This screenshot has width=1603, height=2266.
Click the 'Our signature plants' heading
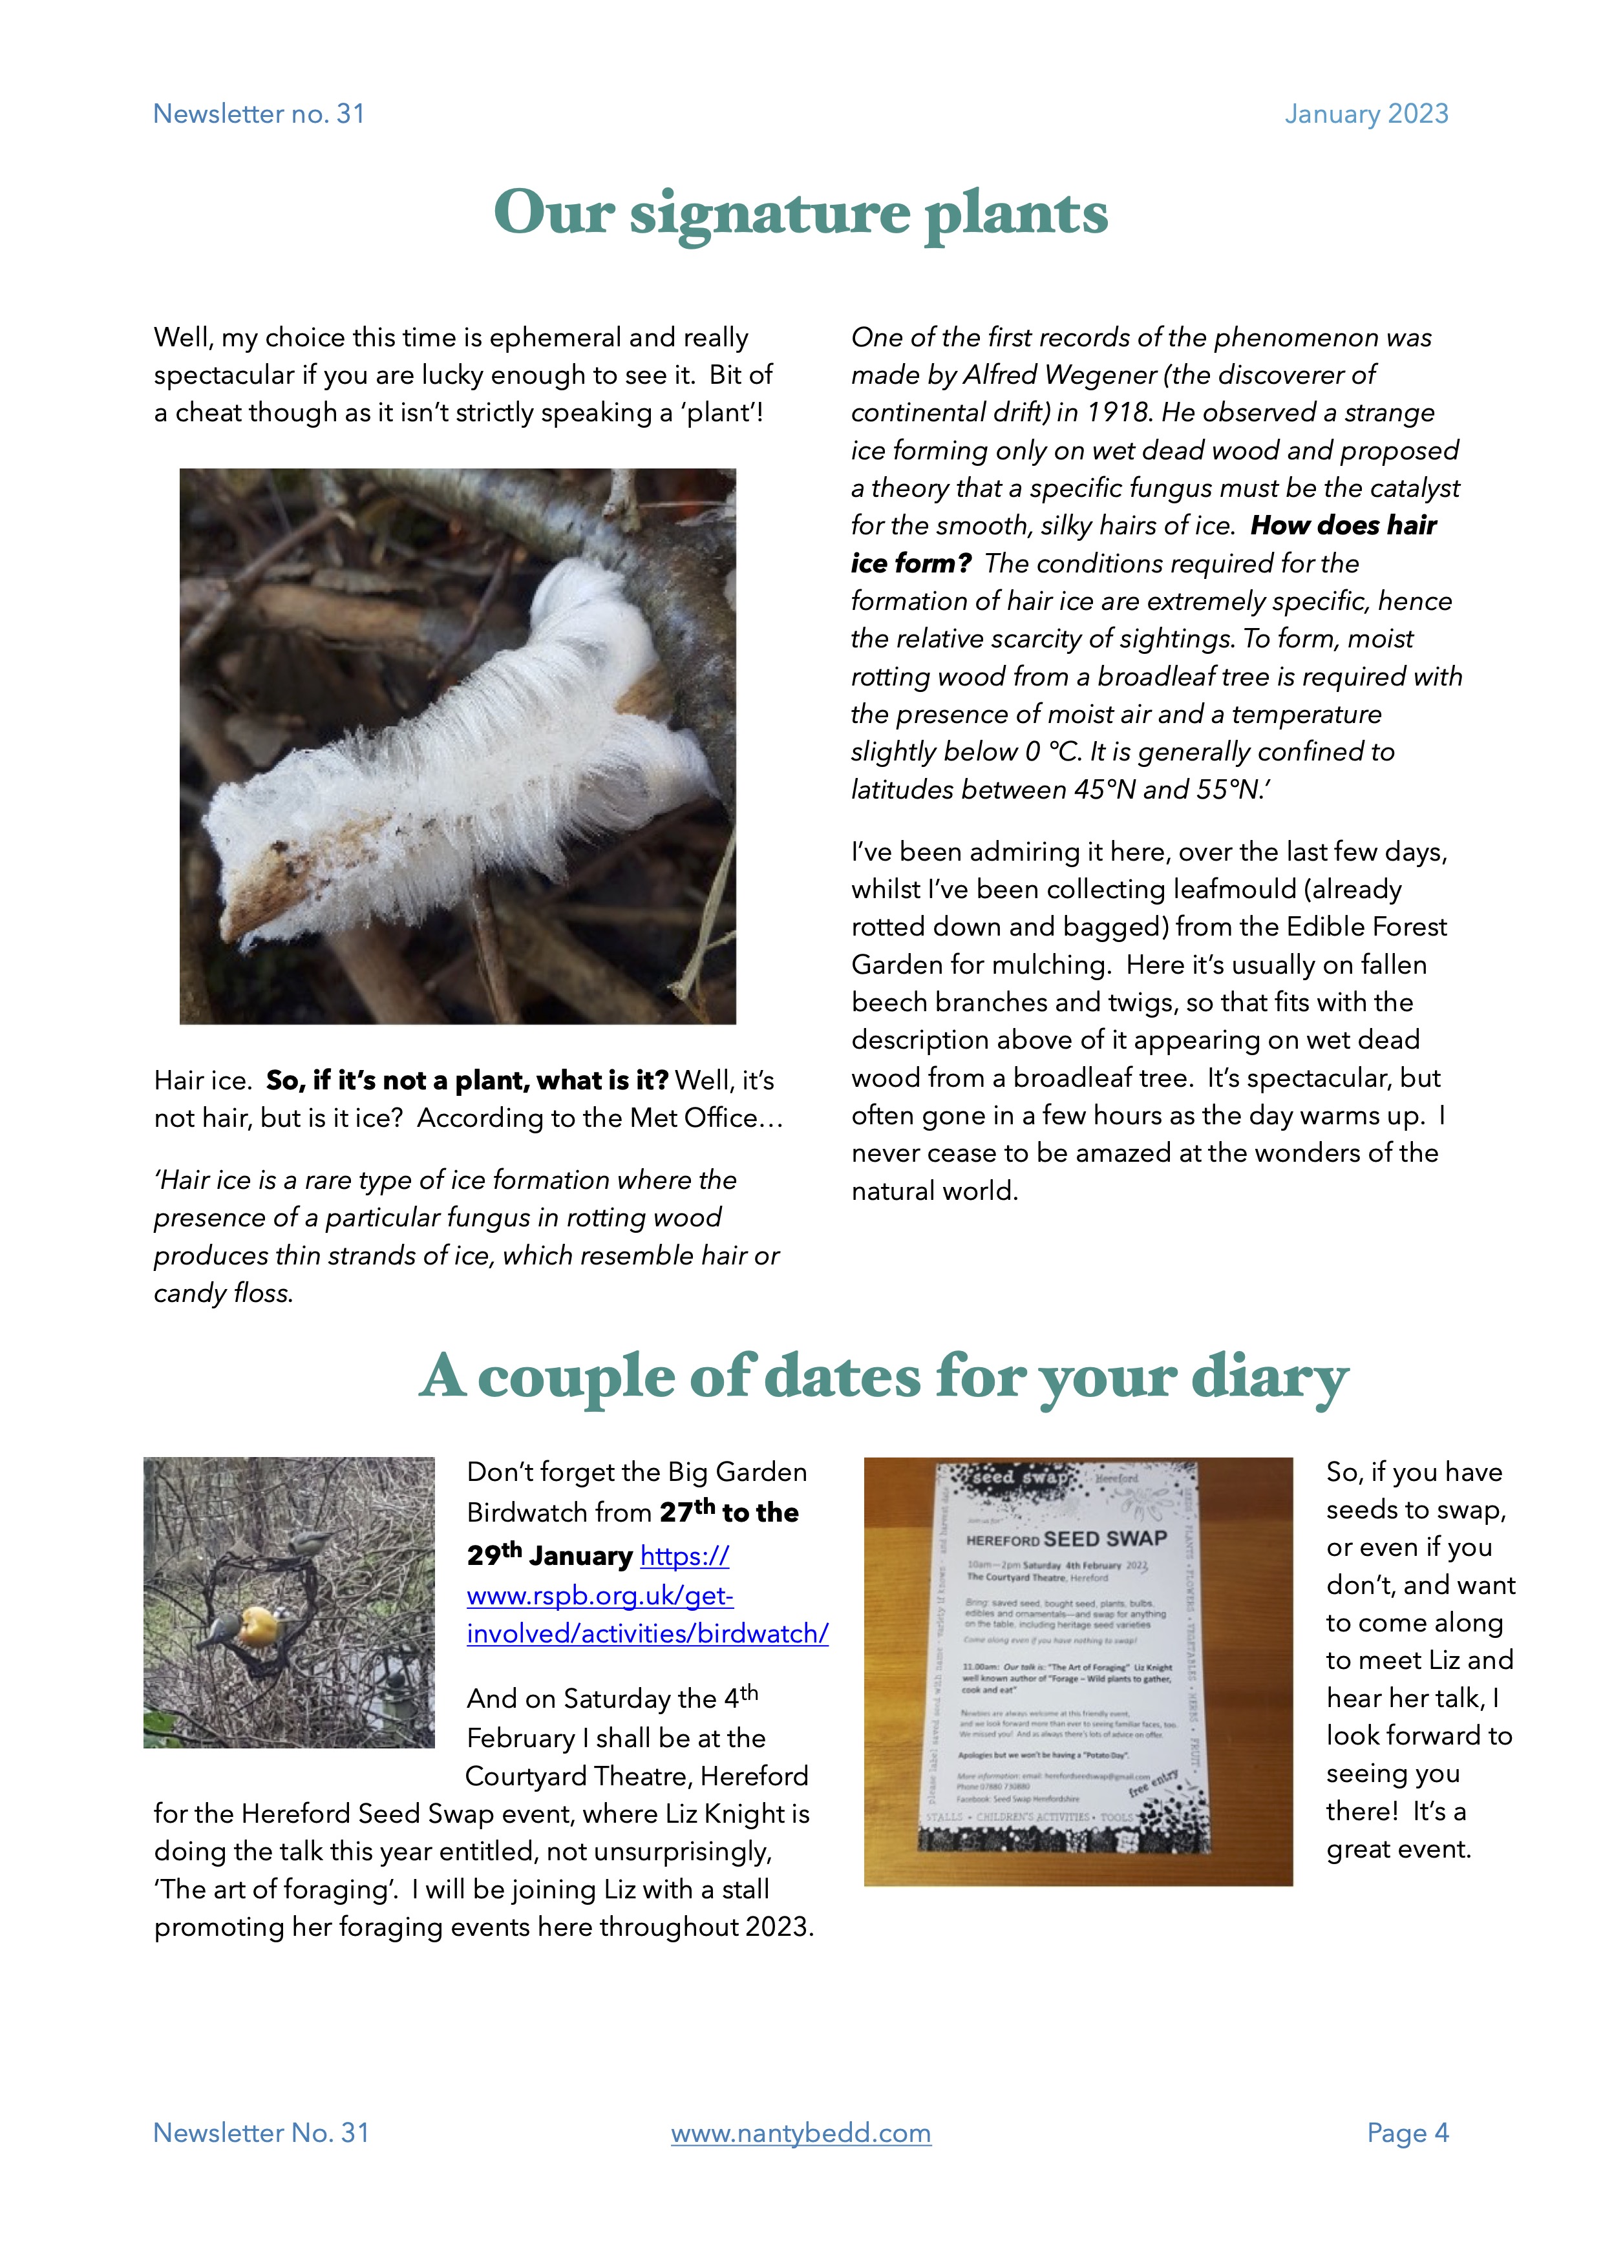click(800, 213)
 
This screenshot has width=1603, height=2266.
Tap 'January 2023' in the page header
click(1366, 114)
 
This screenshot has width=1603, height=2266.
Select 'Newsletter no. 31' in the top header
click(259, 114)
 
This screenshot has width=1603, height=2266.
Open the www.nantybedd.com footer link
click(800, 2133)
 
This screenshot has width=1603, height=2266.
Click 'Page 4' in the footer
click(1408, 2133)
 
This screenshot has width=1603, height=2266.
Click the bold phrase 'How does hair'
click(1343, 526)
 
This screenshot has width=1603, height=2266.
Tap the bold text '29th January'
click(550, 1557)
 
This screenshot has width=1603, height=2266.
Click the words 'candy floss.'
click(223, 1293)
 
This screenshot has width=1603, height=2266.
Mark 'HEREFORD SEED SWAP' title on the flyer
click(1066, 1540)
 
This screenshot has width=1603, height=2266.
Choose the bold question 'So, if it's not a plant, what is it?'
click(467, 1081)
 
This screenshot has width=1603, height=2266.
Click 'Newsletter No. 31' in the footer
click(260, 2133)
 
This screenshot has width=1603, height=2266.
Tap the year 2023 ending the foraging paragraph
click(778, 1927)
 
